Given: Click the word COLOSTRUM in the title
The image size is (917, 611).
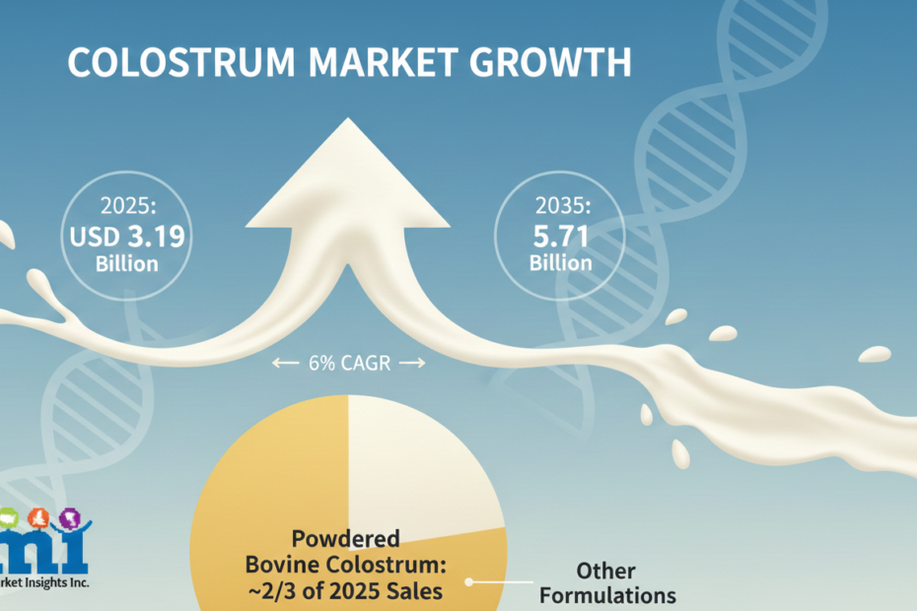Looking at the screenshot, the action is tap(181, 62).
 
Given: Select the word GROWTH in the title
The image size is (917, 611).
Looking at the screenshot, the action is tap(551, 62).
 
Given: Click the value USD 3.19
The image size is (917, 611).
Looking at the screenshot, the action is tap(127, 237).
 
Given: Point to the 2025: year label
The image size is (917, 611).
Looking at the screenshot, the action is tap(128, 206).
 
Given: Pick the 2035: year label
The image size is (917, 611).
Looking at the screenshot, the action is tap(563, 205).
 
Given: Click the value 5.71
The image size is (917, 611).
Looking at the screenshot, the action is tap(561, 237).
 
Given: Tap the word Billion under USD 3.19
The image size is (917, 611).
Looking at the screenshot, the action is tap(127, 264).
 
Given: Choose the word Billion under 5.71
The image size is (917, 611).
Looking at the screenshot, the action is tap(561, 262).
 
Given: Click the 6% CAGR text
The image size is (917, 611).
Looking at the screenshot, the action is tap(350, 363).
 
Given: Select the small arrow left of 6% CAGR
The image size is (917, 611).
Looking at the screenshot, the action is tap(285, 363).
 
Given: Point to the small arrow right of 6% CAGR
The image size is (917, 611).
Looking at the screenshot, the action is tap(412, 363).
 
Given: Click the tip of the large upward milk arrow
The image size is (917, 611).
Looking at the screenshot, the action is tap(348, 118).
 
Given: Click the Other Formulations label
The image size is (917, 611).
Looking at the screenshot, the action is tap(607, 583).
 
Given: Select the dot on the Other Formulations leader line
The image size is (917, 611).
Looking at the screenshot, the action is tap(468, 582).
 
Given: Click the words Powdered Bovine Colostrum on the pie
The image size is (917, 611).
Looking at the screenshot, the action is tap(346, 551).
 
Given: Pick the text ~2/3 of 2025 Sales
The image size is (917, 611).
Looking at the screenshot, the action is tap(346, 591).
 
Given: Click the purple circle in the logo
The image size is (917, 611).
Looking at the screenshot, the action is tap(70, 518).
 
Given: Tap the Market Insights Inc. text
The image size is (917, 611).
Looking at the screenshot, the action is tap(44, 582).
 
